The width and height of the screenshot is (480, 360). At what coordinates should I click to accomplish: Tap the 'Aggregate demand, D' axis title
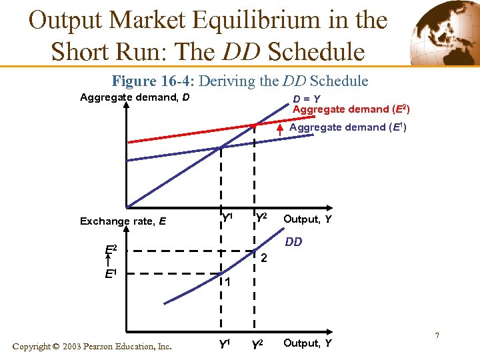tap(135, 98)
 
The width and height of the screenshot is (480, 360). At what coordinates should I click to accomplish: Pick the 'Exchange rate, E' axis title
tap(123, 221)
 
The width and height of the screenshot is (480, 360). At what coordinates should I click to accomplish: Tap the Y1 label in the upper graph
tap(227, 217)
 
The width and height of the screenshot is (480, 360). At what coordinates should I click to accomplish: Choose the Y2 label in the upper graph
tap(261, 217)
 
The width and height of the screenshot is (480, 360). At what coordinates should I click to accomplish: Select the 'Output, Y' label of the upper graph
tap(307, 219)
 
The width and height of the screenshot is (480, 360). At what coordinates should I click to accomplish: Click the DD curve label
tap(293, 242)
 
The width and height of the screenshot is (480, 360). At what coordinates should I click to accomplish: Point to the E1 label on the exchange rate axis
tap(111, 273)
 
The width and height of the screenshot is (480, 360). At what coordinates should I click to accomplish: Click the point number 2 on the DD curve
tap(264, 258)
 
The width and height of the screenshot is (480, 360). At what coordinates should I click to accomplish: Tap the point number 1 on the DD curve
tap(227, 282)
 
